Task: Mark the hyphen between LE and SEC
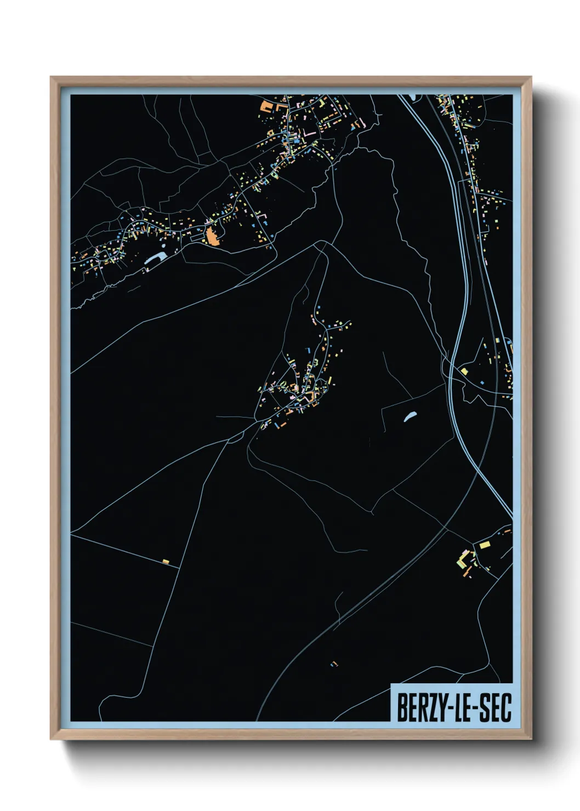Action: pyautogui.click(x=475, y=709)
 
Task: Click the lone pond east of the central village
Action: pyautogui.click(x=410, y=417)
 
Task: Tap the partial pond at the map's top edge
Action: pyautogui.click(x=411, y=97)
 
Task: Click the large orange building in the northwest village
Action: pyautogui.click(x=212, y=237)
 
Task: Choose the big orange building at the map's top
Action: pyautogui.click(x=266, y=106)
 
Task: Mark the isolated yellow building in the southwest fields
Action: pyautogui.click(x=166, y=561)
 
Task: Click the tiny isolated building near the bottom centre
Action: pyautogui.click(x=334, y=664)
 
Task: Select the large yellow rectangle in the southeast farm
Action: pyautogui.click(x=485, y=544)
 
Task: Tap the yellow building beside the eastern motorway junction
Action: pyautogui.click(x=464, y=372)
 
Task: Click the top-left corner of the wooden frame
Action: pyautogui.click(x=52, y=78)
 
